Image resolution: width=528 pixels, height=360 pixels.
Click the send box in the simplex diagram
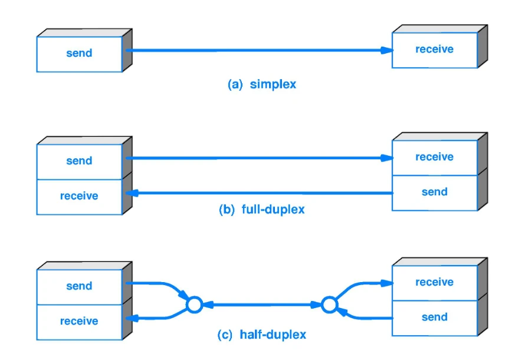point(80,54)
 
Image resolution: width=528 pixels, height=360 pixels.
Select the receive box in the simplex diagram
point(435,50)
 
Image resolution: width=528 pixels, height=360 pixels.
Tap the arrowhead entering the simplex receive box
point(387,50)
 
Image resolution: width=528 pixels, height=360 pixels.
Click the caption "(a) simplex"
point(262,84)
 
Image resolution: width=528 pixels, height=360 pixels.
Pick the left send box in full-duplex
point(80,162)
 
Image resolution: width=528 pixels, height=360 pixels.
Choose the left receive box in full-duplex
point(80,197)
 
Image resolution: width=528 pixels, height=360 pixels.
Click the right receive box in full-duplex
point(435,158)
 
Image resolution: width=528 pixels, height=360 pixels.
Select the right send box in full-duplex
point(435,193)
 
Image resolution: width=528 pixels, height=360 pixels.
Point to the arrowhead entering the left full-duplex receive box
point(132,193)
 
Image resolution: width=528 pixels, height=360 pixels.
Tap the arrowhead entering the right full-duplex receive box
point(387,158)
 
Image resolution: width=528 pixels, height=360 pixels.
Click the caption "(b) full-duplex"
point(262,210)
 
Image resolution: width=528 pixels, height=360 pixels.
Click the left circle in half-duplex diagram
point(195,305)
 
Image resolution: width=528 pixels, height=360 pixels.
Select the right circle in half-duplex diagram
point(329,305)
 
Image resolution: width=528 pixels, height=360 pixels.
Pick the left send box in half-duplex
point(80,287)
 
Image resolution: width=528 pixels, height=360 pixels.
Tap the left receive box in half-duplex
point(80,322)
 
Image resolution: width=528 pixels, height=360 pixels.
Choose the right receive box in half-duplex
point(435,283)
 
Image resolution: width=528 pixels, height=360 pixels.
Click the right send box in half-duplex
point(435,318)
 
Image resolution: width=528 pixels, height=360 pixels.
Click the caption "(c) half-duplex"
point(262,335)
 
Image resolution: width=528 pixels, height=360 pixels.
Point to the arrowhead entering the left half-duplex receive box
point(132,318)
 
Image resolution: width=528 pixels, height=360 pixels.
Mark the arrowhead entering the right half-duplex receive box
point(387,283)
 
